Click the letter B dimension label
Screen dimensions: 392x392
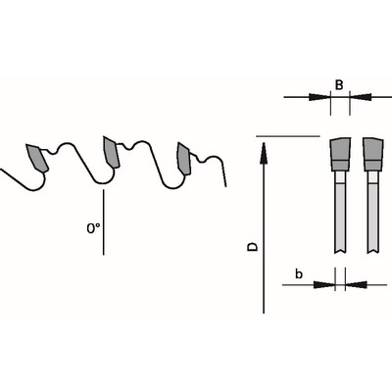[x=339, y=85]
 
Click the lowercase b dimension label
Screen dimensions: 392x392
[x=299, y=274]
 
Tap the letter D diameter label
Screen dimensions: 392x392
[x=252, y=247]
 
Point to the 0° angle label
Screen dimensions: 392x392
[x=93, y=228]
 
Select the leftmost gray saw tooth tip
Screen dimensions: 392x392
[x=37, y=158]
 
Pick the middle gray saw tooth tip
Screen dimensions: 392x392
[x=111, y=152]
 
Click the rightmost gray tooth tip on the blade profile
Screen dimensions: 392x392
[x=184, y=158]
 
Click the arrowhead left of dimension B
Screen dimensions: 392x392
[x=318, y=97]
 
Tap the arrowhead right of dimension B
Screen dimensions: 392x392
[x=361, y=97]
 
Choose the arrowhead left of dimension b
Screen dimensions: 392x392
[x=324, y=285]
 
